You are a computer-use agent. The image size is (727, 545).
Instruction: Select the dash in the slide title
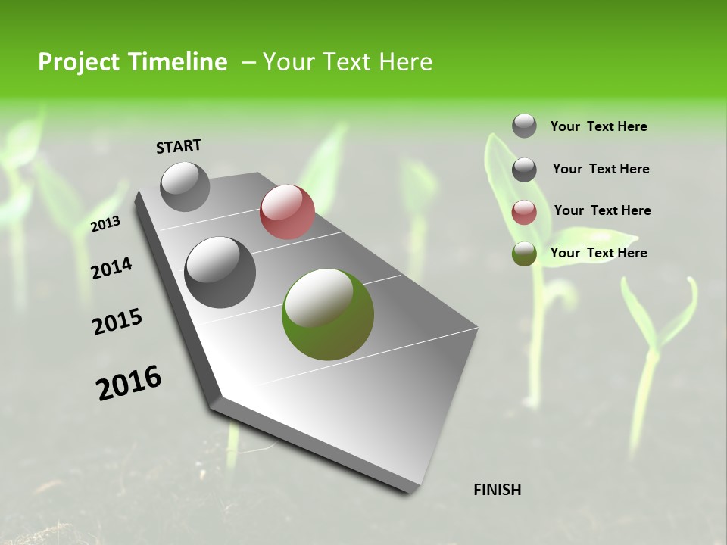pos(248,62)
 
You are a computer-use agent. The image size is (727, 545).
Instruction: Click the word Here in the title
pos(404,62)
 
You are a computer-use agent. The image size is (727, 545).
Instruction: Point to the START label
pos(179,146)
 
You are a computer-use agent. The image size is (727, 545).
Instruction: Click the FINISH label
pos(497,490)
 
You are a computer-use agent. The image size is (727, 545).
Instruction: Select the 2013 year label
pos(106,224)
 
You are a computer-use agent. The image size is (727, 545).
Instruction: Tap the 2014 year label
pos(112,268)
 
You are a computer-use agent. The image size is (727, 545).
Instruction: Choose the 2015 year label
pos(117,322)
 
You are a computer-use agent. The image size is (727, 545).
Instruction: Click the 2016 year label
pos(129,383)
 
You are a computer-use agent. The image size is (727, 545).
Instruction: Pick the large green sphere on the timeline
pos(328,314)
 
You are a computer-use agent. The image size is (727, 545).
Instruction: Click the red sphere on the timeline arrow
pos(287,212)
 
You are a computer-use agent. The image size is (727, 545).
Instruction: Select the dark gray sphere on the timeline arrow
pos(220,272)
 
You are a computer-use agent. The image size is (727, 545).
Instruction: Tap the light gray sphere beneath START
pos(186,186)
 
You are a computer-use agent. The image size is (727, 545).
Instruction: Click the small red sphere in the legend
pos(524,212)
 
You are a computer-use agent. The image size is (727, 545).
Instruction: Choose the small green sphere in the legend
pos(524,254)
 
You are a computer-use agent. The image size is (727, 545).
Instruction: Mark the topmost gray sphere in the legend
pos(524,126)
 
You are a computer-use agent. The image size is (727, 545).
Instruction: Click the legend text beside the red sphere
pos(602,210)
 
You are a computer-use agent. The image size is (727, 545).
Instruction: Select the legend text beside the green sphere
pos(598,253)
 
